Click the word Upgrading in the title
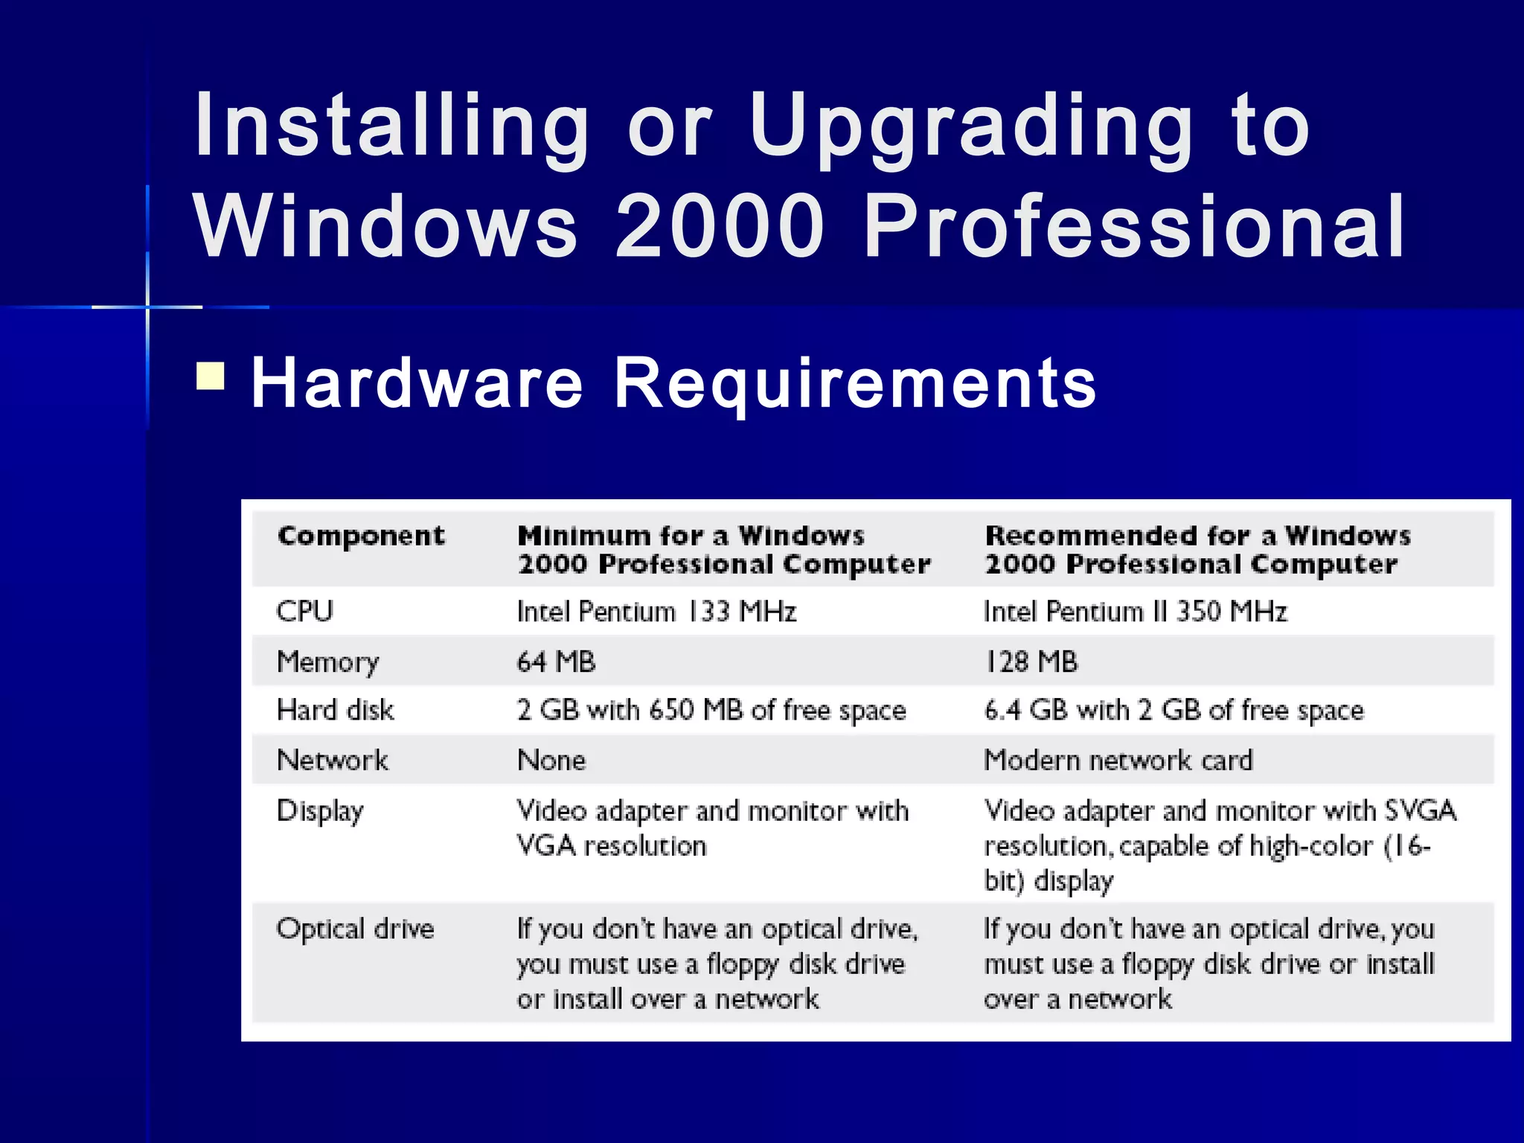point(971,127)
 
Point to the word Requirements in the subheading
point(854,383)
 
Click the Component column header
point(361,536)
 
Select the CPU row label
point(305,612)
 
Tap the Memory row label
point(328,662)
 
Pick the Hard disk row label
point(336,710)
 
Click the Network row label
point(333,760)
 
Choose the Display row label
point(321,810)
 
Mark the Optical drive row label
point(355,929)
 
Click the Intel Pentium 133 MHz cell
point(656,612)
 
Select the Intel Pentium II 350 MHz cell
point(1135,612)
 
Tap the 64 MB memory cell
point(556,662)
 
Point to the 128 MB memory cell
point(1031,662)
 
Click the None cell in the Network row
point(551,760)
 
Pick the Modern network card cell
point(1118,760)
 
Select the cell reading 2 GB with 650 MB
point(711,710)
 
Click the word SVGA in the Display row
point(1420,810)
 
